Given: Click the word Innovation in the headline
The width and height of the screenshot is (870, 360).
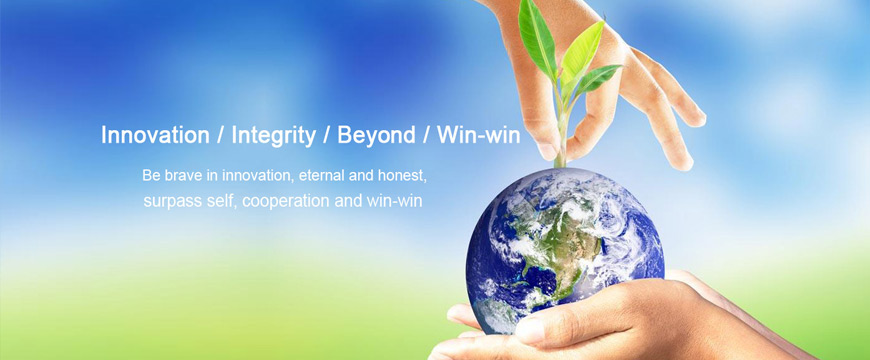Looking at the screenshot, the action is (155, 135).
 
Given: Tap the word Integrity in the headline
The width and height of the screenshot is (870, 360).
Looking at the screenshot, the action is (274, 136).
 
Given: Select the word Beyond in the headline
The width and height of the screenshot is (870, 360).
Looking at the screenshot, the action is (376, 136).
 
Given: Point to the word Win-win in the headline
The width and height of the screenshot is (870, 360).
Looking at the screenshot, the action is (478, 135).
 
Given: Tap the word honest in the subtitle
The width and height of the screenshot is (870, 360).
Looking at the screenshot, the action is (402, 176).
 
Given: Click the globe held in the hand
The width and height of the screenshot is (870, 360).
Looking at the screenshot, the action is (565, 251).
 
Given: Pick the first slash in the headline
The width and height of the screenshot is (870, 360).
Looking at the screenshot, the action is (221, 136).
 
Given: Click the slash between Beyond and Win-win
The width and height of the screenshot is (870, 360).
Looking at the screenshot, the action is (426, 136).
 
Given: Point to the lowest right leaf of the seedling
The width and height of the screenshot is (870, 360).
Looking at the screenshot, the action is (598, 79).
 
